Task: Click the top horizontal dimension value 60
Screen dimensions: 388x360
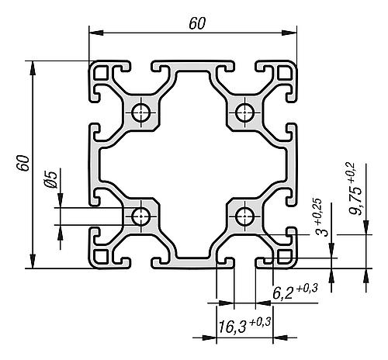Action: pyautogui.click(x=197, y=23)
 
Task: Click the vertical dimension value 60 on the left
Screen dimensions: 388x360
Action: pyautogui.click(x=23, y=163)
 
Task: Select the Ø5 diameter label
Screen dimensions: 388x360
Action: pyautogui.click(x=50, y=179)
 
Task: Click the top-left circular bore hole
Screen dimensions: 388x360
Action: pyautogui.click(x=141, y=112)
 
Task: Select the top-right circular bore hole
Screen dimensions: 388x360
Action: pyautogui.click(x=244, y=112)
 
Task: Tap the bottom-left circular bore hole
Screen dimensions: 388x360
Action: pyautogui.click(x=141, y=216)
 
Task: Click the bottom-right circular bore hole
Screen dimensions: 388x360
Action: pyautogui.click(x=244, y=216)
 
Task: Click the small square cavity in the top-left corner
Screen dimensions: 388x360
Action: pyautogui.click(x=101, y=72)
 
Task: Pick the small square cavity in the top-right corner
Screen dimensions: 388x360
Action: pyautogui.click(x=285, y=72)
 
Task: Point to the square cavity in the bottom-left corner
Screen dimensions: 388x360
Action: pyautogui.click(x=101, y=256)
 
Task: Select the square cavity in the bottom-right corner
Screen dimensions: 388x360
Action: pyautogui.click(x=285, y=256)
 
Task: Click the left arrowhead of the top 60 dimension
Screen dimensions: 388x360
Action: pyautogui.click(x=96, y=33)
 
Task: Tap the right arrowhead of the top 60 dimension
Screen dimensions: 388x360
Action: pyautogui.click(x=289, y=33)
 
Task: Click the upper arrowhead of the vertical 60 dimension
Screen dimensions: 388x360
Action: pyautogui.click(x=33, y=68)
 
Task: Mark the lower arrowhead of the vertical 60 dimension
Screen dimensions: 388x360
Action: pyautogui.click(x=33, y=261)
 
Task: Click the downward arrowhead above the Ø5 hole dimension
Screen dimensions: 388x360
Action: pyautogui.click(x=61, y=200)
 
